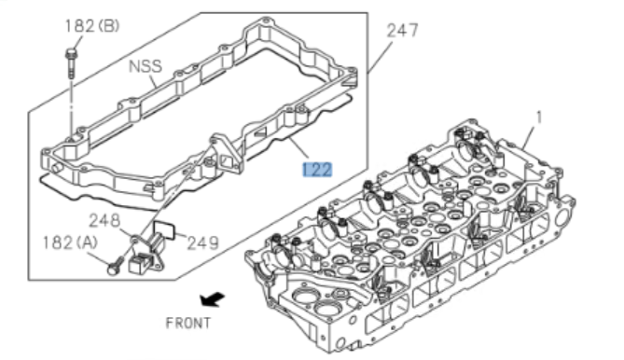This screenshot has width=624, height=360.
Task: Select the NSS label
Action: tap(145, 65)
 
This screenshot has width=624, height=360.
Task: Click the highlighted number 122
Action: tap(316, 168)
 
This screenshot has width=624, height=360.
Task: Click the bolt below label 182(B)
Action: tap(72, 62)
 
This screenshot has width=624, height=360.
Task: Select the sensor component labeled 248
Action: tap(145, 253)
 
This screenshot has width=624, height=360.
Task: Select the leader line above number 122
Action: tap(297, 150)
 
